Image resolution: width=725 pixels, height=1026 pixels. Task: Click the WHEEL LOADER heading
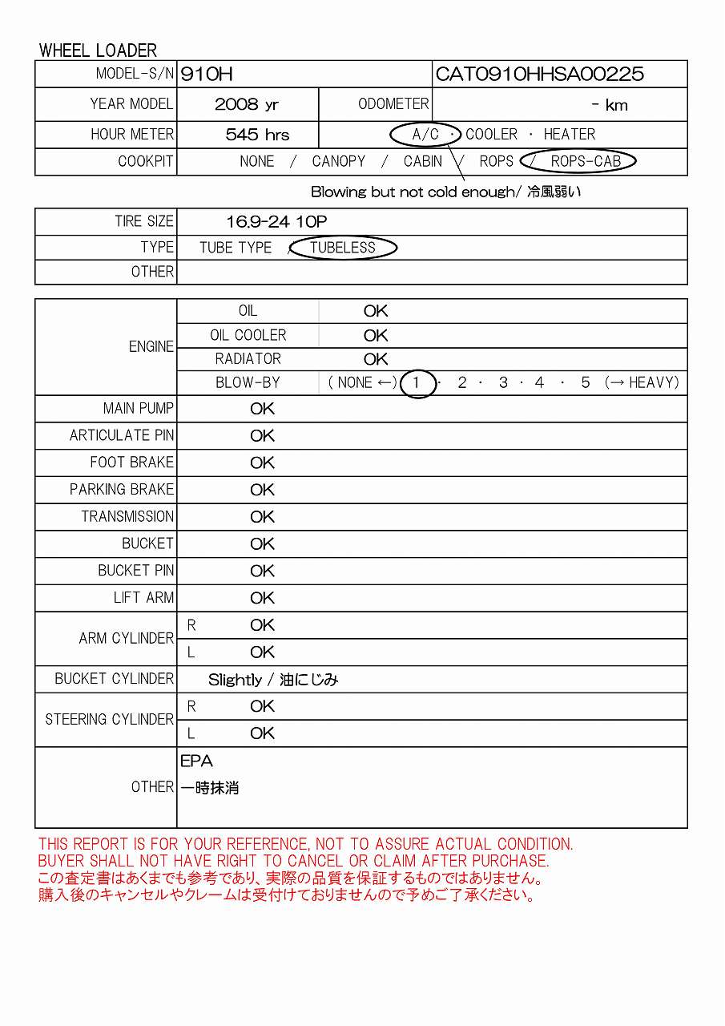tap(98, 50)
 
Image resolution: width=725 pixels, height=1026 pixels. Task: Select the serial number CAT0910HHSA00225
tap(539, 75)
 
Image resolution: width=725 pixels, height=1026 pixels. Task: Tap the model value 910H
tap(207, 75)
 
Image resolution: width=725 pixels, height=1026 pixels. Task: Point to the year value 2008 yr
tap(247, 105)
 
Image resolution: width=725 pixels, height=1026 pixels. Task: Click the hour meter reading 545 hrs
tap(257, 135)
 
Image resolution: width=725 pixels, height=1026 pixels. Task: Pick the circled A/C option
tap(425, 134)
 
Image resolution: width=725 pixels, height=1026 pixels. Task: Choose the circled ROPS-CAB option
tap(586, 161)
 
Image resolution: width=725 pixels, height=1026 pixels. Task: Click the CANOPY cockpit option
tap(338, 161)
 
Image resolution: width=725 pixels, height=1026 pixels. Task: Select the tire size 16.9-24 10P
tap(276, 222)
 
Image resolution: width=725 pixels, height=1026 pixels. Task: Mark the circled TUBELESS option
tap(343, 248)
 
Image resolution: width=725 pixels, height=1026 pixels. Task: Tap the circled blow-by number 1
tap(417, 383)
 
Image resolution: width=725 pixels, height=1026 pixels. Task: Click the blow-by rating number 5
tap(585, 383)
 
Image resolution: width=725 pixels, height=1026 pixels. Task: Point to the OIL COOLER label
tap(248, 335)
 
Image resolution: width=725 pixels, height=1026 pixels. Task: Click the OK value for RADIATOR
tap(376, 359)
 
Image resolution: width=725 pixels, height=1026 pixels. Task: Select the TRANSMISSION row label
tap(127, 516)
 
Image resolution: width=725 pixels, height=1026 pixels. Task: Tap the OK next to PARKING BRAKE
tap(262, 490)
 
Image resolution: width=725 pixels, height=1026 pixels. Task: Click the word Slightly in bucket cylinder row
tap(235, 680)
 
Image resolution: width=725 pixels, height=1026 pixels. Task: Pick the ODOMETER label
tap(393, 104)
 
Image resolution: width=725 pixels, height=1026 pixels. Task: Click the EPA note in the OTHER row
tap(196, 761)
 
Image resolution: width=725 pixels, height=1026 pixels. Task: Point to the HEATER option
tap(569, 134)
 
